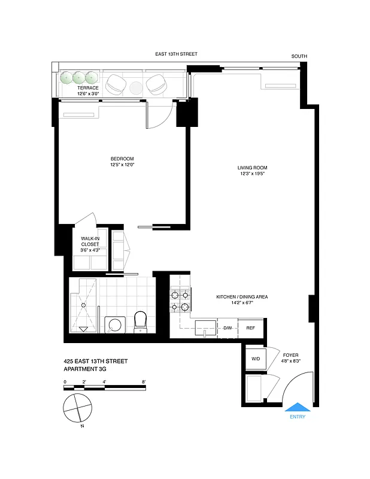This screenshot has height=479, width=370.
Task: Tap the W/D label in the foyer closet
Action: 256,359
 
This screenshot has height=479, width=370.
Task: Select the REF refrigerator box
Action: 250,328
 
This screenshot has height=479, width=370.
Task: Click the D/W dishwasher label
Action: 228,328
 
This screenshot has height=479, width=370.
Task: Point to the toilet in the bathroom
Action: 141,320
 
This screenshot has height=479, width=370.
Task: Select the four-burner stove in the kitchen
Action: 180,301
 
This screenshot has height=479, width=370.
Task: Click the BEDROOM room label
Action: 122,158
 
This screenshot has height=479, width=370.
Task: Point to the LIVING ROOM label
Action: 252,168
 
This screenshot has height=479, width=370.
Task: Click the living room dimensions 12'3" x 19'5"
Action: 252,174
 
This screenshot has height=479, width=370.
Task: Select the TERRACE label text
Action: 88,88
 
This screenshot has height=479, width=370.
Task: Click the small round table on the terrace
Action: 135,88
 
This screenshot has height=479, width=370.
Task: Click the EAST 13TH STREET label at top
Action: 176,54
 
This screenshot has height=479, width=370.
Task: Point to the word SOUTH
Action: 299,56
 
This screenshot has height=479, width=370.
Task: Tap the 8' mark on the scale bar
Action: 144,381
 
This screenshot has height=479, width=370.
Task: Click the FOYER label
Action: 291,355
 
